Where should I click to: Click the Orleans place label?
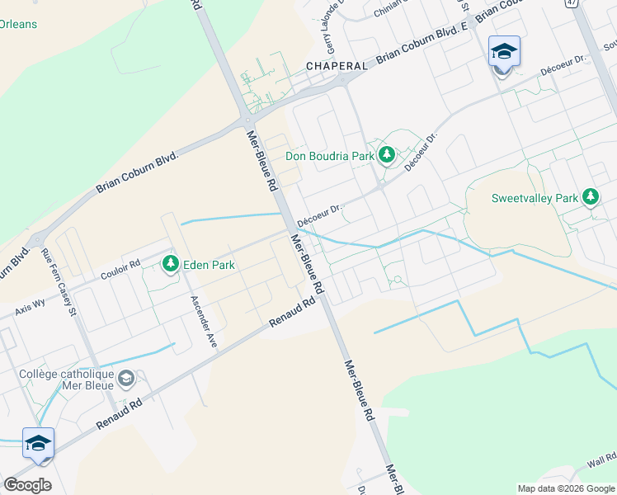pos(18,24)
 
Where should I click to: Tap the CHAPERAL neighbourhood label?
pos(337,65)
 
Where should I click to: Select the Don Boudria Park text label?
pos(329,154)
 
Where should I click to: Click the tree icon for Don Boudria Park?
pos(386,154)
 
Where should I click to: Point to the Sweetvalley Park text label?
pos(535,198)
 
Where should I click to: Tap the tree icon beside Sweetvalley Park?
pos(590,197)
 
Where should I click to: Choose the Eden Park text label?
pos(210,265)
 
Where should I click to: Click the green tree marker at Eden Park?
pos(171,264)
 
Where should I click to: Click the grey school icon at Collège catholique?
pos(126,379)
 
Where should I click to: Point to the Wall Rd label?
pos(601,459)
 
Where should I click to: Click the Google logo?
pos(27,485)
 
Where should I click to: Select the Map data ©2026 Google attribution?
pos(567,488)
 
